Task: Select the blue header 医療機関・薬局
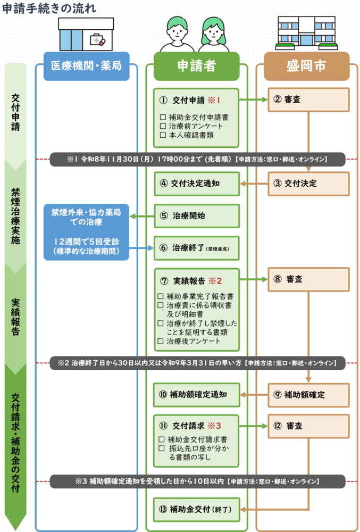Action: click(x=86, y=66)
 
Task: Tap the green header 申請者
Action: click(x=196, y=66)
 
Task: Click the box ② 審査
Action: click(x=308, y=99)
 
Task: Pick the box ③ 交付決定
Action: click(x=308, y=184)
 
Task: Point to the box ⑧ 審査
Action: click(x=308, y=279)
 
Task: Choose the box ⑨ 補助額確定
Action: click(x=308, y=395)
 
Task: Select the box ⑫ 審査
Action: click(x=308, y=426)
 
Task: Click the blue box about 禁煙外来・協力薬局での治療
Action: click(x=86, y=232)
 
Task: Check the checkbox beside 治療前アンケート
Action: click(x=163, y=126)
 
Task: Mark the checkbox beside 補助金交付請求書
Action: click(x=162, y=439)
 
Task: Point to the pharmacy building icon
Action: click(x=86, y=34)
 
